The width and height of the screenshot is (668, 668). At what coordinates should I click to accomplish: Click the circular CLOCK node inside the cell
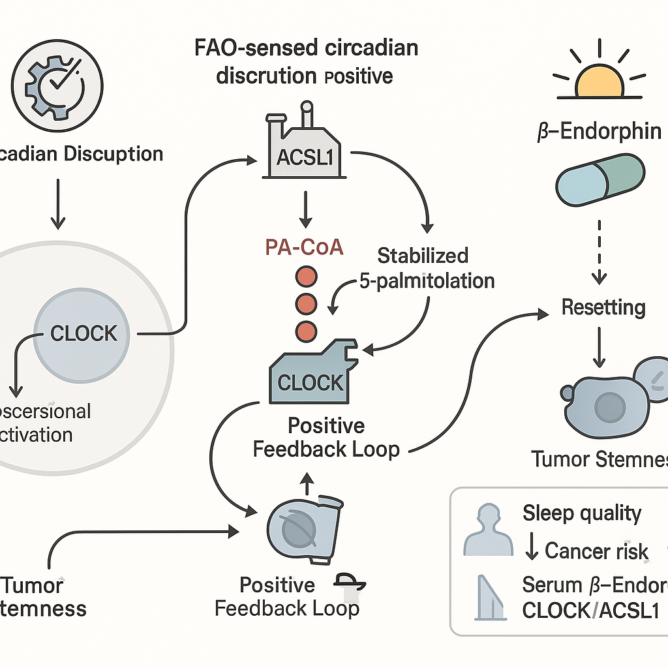coord(83,333)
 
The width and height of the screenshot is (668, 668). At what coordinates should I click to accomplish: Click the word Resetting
coord(603,307)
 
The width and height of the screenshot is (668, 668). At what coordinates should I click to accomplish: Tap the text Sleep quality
coord(582,513)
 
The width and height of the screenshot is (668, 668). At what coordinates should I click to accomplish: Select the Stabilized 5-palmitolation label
coord(427,267)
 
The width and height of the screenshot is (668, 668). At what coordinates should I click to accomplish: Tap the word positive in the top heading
coord(358,76)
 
